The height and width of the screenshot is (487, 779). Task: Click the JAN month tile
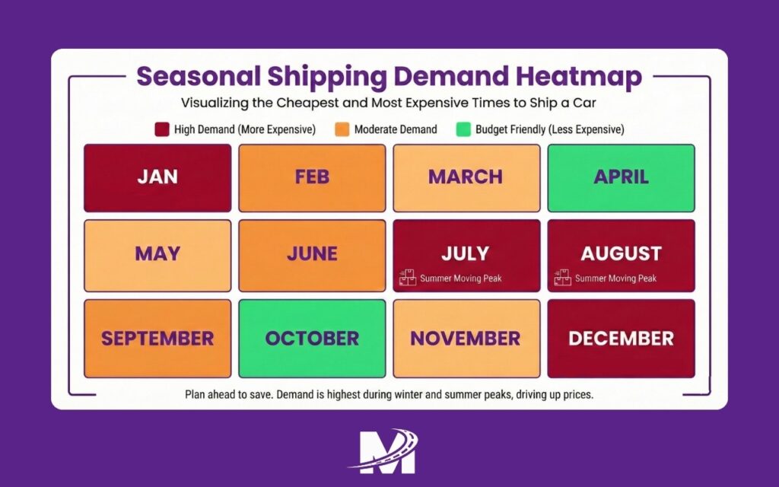[157, 178]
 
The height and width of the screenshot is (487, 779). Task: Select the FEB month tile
[312, 178]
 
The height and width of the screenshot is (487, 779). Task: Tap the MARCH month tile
[466, 178]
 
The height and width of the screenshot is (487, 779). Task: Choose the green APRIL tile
[621, 178]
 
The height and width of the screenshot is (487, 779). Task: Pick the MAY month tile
[157, 256]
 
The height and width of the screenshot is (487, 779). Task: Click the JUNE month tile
[312, 256]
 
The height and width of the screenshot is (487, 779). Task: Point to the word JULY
[466, 253]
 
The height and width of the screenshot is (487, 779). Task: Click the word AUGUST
[621, 253]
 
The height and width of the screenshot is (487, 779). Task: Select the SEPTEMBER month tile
[157, 339]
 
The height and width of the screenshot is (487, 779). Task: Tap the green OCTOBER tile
[312, 339]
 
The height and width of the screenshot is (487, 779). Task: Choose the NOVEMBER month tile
[466, 339]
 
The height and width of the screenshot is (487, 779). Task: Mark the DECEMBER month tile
[621, 339]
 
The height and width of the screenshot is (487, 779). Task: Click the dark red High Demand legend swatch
[161, 129]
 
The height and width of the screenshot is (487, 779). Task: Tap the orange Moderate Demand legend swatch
[342, 129]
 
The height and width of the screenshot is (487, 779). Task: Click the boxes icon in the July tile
[409, 278]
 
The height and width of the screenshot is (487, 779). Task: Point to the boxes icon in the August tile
[563, 278]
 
